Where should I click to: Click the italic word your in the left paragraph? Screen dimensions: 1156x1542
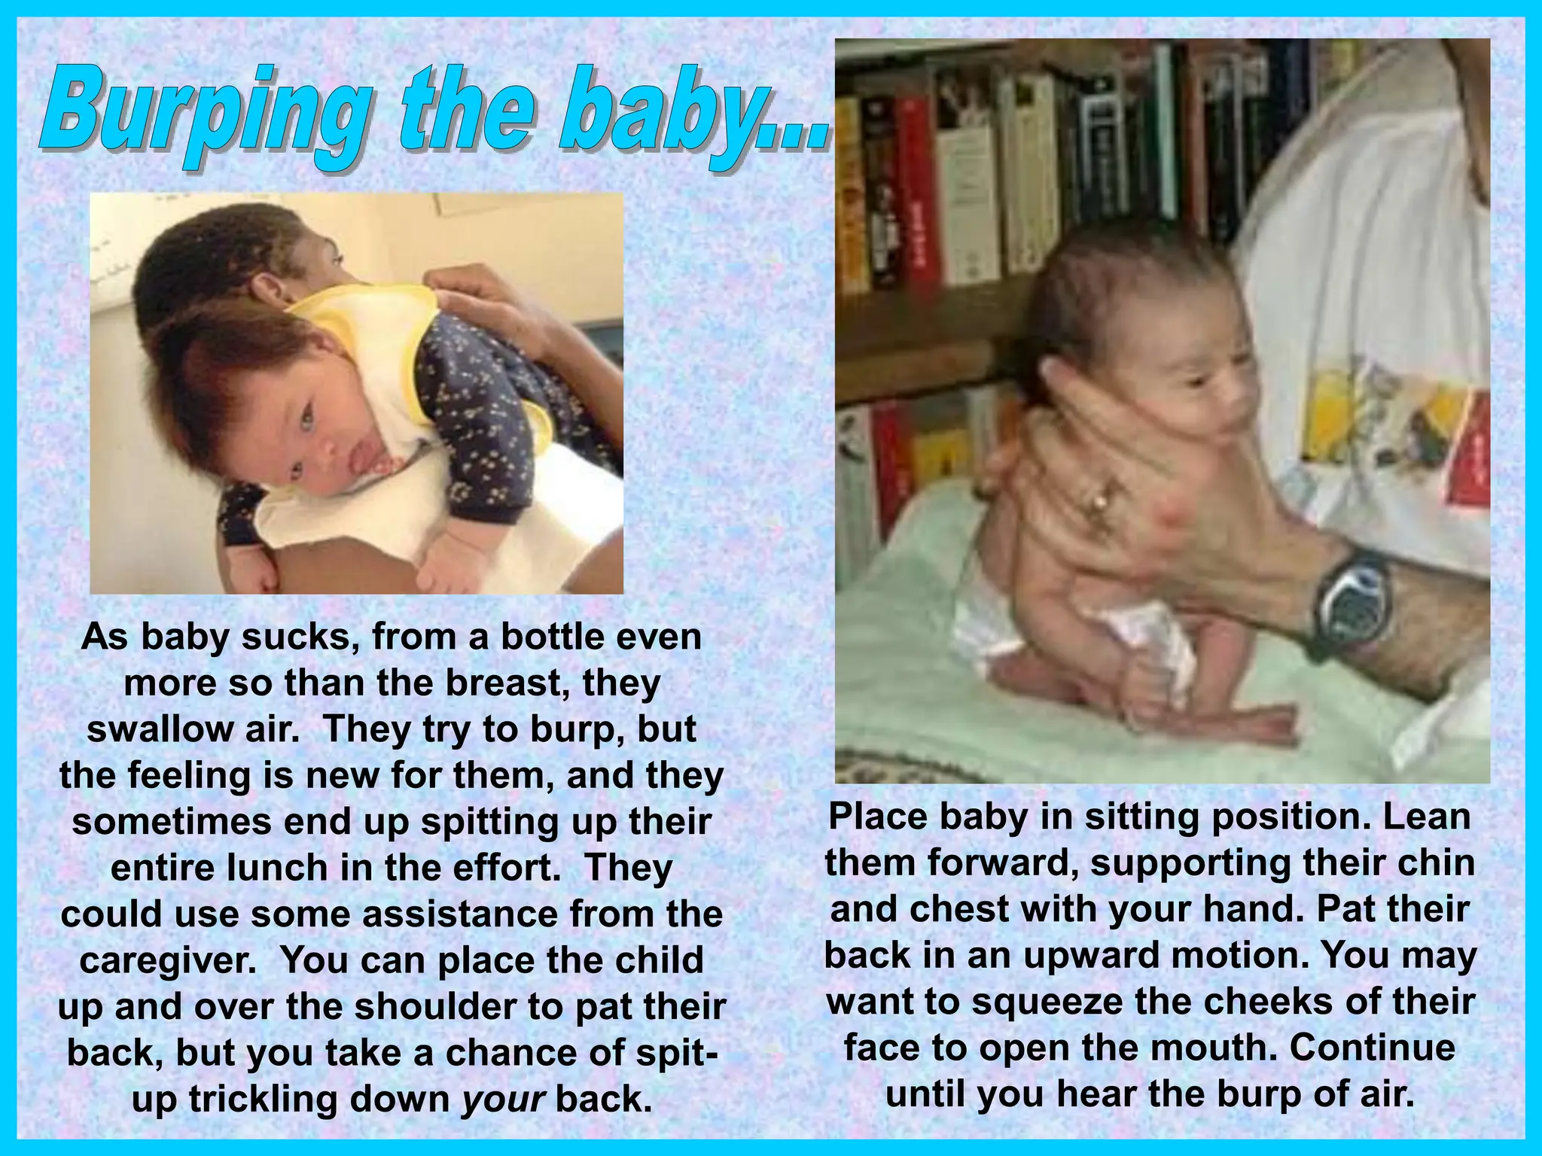pos(503,1098)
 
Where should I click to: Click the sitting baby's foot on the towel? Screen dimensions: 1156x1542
pos(1242,726)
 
